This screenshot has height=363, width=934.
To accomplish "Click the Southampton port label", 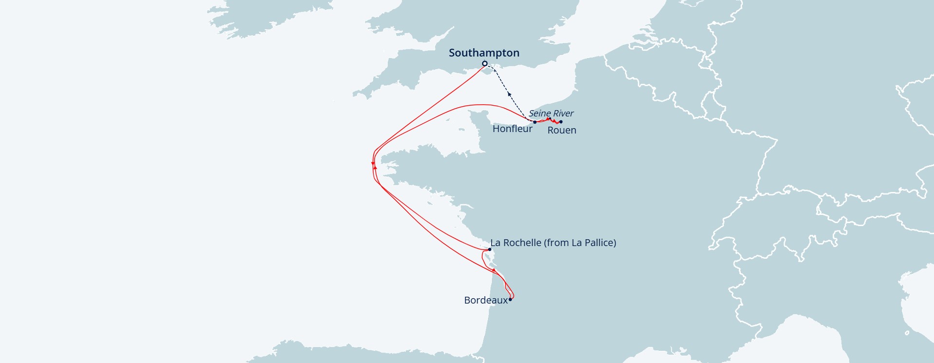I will click(x=484, y=53).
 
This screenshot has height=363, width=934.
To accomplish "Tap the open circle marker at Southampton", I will click(x=485, y=64).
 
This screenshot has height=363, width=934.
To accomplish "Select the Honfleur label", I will click(x=512, y=129).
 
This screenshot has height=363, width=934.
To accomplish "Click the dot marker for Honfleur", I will click(x=535, y=122).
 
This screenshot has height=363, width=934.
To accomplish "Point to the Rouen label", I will click(x=561, y=130).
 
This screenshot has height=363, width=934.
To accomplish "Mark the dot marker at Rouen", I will click(x=561, y=122).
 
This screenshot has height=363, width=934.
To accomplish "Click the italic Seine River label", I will click(x=551, y=113).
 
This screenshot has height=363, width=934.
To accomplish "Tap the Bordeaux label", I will click(x=485, y=300).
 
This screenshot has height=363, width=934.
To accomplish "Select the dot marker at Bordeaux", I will click(x=510, y=299).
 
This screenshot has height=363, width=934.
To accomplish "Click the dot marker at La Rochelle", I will click(x=489, y=249).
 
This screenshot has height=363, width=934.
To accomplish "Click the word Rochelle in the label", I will click(x=522, y=243).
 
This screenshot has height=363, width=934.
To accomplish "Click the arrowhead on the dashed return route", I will click(x=509, y=94).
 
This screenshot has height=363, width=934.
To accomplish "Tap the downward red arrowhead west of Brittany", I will click(x=373, y=163).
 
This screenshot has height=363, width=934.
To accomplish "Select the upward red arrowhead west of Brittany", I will click(x=375, y=167).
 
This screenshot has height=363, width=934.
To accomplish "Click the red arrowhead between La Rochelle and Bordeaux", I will click(x=494, y=269).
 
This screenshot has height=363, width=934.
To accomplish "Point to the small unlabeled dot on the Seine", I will click(x=550, y=118).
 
